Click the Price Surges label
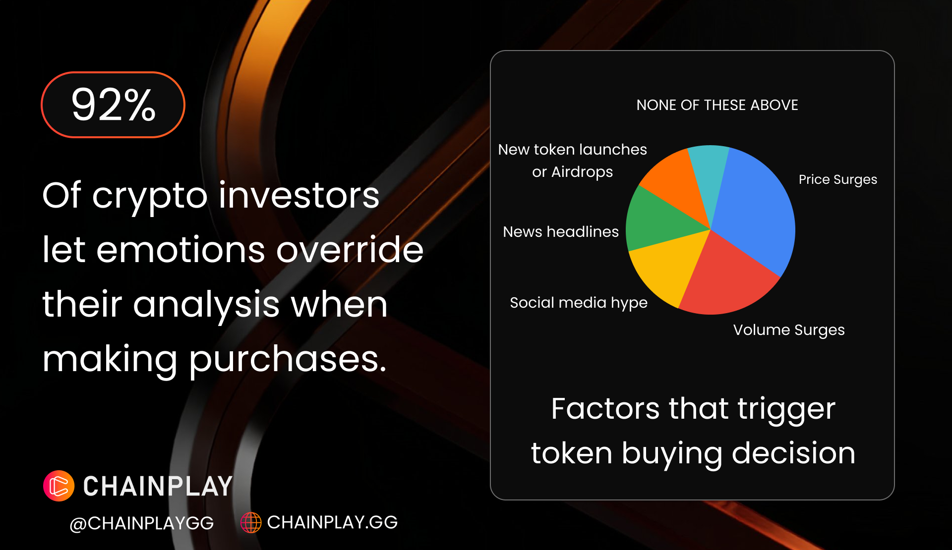[x=838, y=179]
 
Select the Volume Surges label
[x=789, y=330]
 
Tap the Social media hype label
[x=579, y=303]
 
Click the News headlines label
[x=561, y=231]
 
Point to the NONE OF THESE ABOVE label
[x=717, y=105]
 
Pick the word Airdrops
[x=582, y=172]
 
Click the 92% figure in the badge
[x=114, y=105]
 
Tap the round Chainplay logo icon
[x=59, y=486]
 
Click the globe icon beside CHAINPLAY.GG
[x=251, y=522]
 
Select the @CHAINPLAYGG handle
[x=142, y=523]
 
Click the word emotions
[x=180, y=250]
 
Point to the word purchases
[x=287, y=359]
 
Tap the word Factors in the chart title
[x=605, y=409]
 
